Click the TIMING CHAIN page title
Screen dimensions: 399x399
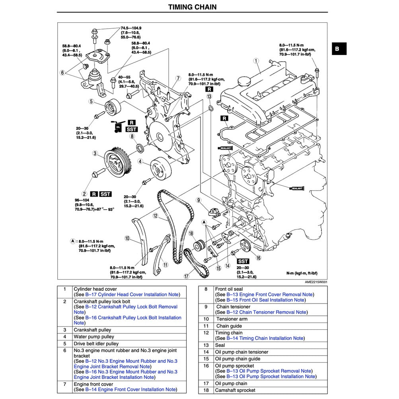[x=192, y=7]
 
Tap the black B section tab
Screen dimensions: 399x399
[x=337, y=49]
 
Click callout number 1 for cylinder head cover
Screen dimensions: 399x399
[x=256, y=61]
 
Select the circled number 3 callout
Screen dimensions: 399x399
[x=95, y=153]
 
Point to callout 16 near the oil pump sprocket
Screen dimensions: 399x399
[x=258, y=258]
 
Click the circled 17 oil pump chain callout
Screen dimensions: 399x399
[x=186, y=276]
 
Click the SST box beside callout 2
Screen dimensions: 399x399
[x=105, y=194]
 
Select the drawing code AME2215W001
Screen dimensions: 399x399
[x=316, y=282]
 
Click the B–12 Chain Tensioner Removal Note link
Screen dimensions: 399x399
[x=267, y=312]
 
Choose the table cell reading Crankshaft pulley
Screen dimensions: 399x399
[x=92, y=330]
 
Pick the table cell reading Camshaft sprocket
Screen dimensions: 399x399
[x=235, y=390]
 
